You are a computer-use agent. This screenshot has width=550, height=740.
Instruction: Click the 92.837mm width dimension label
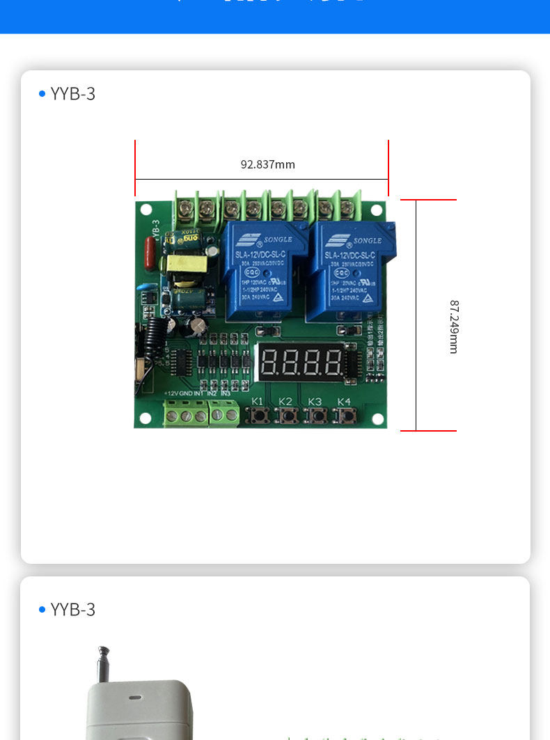click(268, 164)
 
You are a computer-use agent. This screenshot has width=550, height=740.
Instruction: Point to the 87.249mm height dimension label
click(454, 326)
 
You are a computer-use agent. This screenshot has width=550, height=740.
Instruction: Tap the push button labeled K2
click(286, 416)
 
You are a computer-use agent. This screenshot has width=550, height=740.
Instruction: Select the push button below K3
click(316, 416)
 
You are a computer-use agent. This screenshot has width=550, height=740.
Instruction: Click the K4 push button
click(345, 416)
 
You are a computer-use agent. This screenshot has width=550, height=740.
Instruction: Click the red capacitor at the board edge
click(149, 251)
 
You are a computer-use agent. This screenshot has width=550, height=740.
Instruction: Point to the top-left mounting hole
click(146, 210)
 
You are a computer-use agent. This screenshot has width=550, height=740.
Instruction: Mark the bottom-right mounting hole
click(377, 418)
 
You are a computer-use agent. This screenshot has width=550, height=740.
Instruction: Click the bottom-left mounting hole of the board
click(145, 418)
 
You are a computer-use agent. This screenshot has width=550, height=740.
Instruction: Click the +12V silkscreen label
click(171, 394)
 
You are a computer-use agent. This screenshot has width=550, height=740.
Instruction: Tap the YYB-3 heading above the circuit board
click(72, 94)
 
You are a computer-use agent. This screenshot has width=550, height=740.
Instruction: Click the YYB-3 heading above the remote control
click(72, 610)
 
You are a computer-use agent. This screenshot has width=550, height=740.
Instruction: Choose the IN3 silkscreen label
click(226, 394)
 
